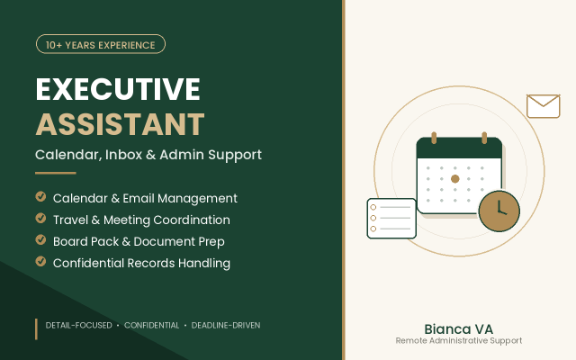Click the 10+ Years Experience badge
click(x=101, y=44)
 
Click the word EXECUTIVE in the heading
click(x=118, y=89)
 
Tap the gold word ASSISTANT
click(x=120, y=124)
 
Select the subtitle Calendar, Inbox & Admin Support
click(x=148, y=155)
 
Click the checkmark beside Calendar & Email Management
click(x=40, y=196)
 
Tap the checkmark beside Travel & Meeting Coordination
click(x=40, y=218)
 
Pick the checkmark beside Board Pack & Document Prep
click(x=40, y=240)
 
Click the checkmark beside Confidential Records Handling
click(x=40, y=262)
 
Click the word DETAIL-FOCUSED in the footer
click(x=78, y=325)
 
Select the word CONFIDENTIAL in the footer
click(x=151, y=325)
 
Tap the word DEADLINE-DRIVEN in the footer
click(x=226, y=325)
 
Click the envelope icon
click(x=544, y=106)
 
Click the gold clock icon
click(x=499, y=211)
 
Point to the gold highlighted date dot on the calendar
click(x=455, y=179)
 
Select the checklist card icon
click(x=391, y=218)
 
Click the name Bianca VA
click(x=458, y=329)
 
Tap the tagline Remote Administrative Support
click(x=458, y=340)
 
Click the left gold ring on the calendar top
click(x=434, y=138)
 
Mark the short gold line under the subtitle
click(x=56, y=173)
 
